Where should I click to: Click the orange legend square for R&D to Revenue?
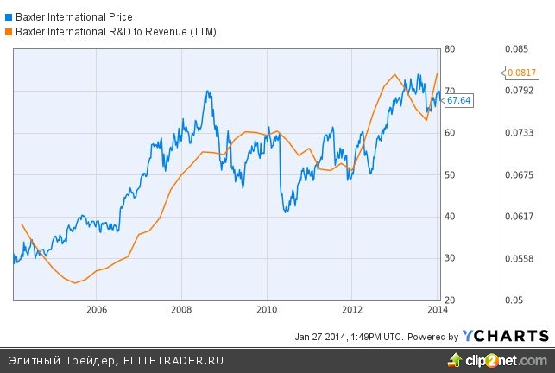(x=9, y=31)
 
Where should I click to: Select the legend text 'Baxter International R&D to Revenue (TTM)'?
(x=116, y=31)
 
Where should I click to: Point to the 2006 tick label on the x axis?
(x=97, y=309)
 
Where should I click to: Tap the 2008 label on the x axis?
(x=181, y=309)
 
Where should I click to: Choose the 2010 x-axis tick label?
(x=267, y=309)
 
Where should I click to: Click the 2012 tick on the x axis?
(x=352, y=309)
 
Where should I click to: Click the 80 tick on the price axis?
(x=450, y=48)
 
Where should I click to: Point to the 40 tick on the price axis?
(x=450, y=217)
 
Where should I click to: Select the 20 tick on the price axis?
(x=450, y=300)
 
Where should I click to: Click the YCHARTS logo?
(x=506, y=336)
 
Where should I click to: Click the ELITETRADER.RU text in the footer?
(x=173, y=360)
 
